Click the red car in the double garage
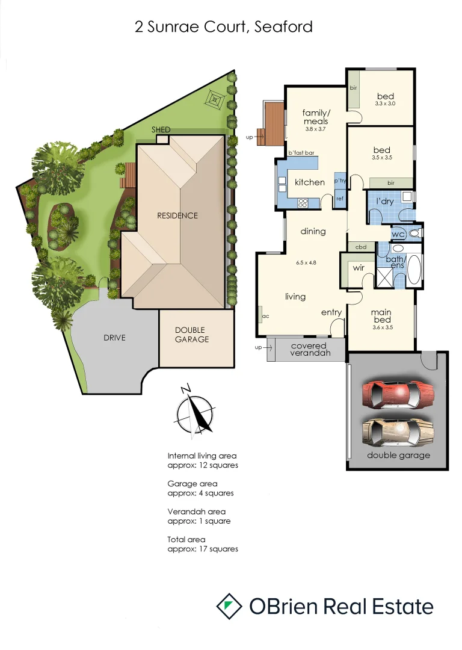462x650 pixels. pos(398,394)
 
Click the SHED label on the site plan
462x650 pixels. pos(161,130)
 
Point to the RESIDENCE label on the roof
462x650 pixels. pos(177,215)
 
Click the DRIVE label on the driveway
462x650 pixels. pos(114,338)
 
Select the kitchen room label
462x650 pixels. pos(309,182)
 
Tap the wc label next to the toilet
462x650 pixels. pos(398,234)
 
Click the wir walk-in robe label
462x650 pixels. pos(359,267)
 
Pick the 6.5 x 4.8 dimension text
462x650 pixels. pos(306,262)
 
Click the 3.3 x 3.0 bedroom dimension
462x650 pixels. pos(385,104)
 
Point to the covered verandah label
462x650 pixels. pos(309,350)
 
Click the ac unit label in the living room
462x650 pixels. pos(264,315)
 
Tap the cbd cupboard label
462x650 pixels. pos(362,247)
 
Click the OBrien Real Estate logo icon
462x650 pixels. pos(228,606)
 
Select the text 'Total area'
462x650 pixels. pos(186,540)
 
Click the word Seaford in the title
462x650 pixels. pos(283,27)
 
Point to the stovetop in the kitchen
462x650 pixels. pos(301,201)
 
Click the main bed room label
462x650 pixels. pos(382,315)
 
